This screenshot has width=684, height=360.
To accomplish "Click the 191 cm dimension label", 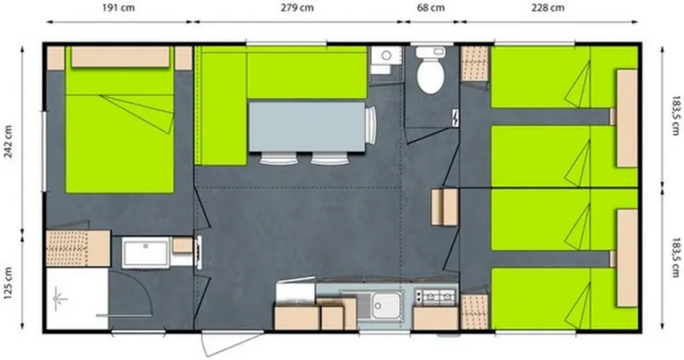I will coord(117,8).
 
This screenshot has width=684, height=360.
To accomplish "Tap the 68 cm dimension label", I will coord(430,8).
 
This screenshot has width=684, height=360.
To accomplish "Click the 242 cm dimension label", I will coord(8,138).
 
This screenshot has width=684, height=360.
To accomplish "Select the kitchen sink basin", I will coord(383,302).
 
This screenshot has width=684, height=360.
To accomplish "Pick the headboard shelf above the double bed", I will coord(120,57).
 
